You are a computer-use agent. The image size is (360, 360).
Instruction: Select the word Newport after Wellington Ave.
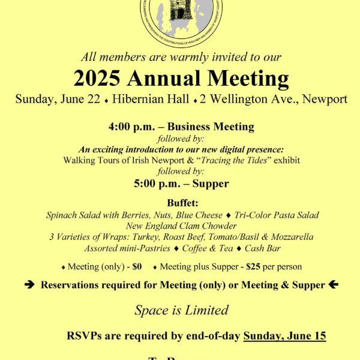324,99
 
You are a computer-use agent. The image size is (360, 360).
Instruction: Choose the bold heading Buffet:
180,203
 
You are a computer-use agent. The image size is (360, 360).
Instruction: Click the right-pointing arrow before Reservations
29,285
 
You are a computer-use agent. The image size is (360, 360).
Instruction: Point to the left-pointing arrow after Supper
334,285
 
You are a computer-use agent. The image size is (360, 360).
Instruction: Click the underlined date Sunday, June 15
284,335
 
